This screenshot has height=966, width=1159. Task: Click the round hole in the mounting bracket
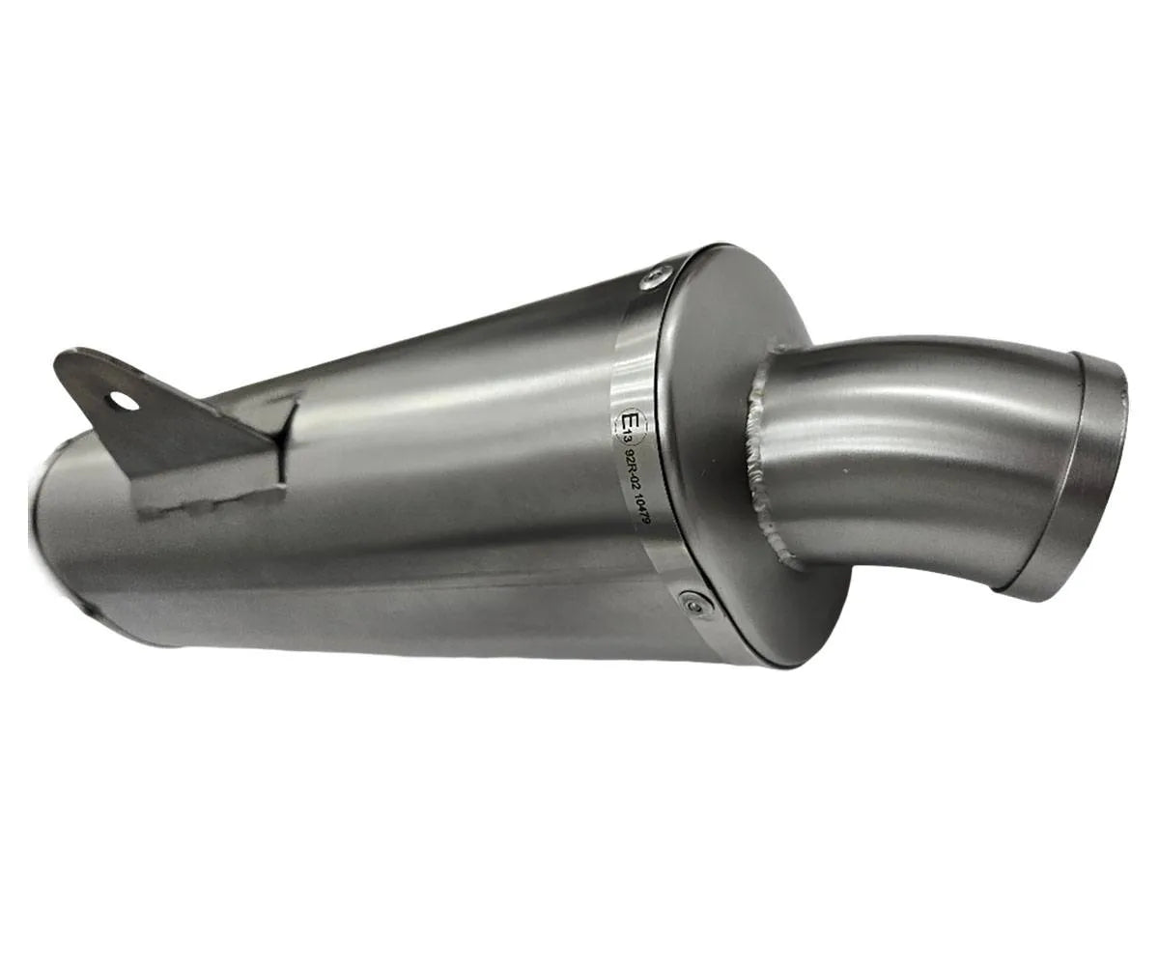[123, 400]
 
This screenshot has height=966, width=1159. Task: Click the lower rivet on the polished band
[695, 604]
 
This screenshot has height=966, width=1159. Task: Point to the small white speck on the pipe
[846, 471]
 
